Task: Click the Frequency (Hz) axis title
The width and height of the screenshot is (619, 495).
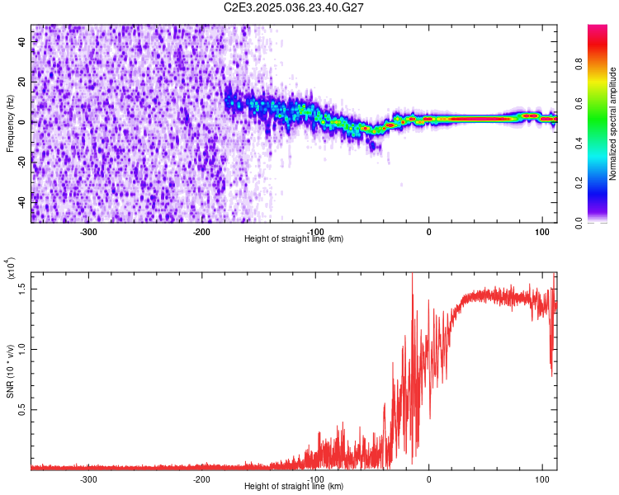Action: (10, 123)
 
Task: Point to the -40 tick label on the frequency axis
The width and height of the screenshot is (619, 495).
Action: (21, 202)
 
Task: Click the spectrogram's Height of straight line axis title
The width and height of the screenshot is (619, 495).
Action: (294, 239)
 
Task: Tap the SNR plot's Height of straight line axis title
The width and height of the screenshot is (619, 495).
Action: (294, 487)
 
